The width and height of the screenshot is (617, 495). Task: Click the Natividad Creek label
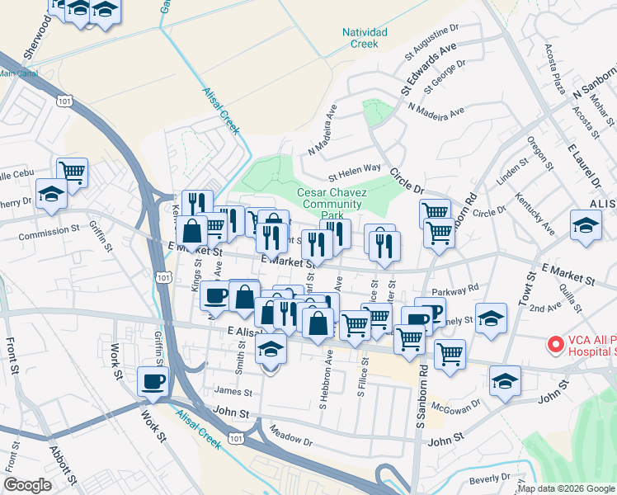tap(360, 38)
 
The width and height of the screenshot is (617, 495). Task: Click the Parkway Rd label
tap(460, 290)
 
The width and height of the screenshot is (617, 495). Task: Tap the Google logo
tap(28, 484)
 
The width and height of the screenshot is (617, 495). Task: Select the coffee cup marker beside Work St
tap(154, 381)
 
